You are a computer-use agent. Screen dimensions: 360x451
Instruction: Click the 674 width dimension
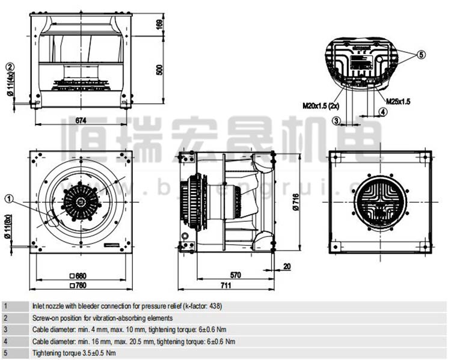pos(79,120)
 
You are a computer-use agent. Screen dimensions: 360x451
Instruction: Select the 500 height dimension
pos(159,69)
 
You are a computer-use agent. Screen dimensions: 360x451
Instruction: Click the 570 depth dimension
pos(235,275)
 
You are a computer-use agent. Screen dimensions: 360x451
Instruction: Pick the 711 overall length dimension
pos(226,285)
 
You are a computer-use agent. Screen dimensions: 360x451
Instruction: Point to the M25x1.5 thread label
pos(397,102)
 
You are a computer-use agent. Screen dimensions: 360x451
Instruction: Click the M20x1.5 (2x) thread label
pos(321,105)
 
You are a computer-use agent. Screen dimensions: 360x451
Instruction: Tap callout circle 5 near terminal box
pos(421,55)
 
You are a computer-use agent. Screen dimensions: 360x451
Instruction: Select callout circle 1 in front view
pos(9,198)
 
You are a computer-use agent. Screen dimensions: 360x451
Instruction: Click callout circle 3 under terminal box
pos(337,121)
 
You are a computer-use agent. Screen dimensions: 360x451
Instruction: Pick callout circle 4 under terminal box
pos(382,112)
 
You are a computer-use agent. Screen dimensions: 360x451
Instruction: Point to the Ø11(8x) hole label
pos(10,228)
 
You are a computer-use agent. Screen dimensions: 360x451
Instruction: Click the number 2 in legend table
pos(5,317)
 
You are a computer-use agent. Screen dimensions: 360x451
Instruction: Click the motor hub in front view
pos(79,203)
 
